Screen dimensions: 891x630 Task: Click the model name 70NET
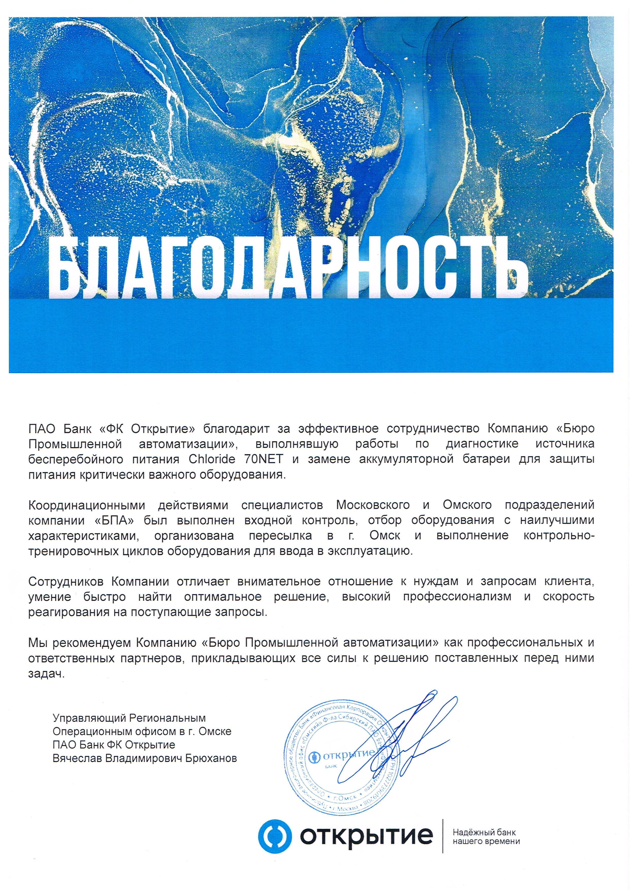point(264,459)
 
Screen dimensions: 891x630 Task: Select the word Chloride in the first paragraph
point(212,459)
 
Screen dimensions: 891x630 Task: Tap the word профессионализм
point(457,596)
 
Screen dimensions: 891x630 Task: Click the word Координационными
point(87,505)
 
